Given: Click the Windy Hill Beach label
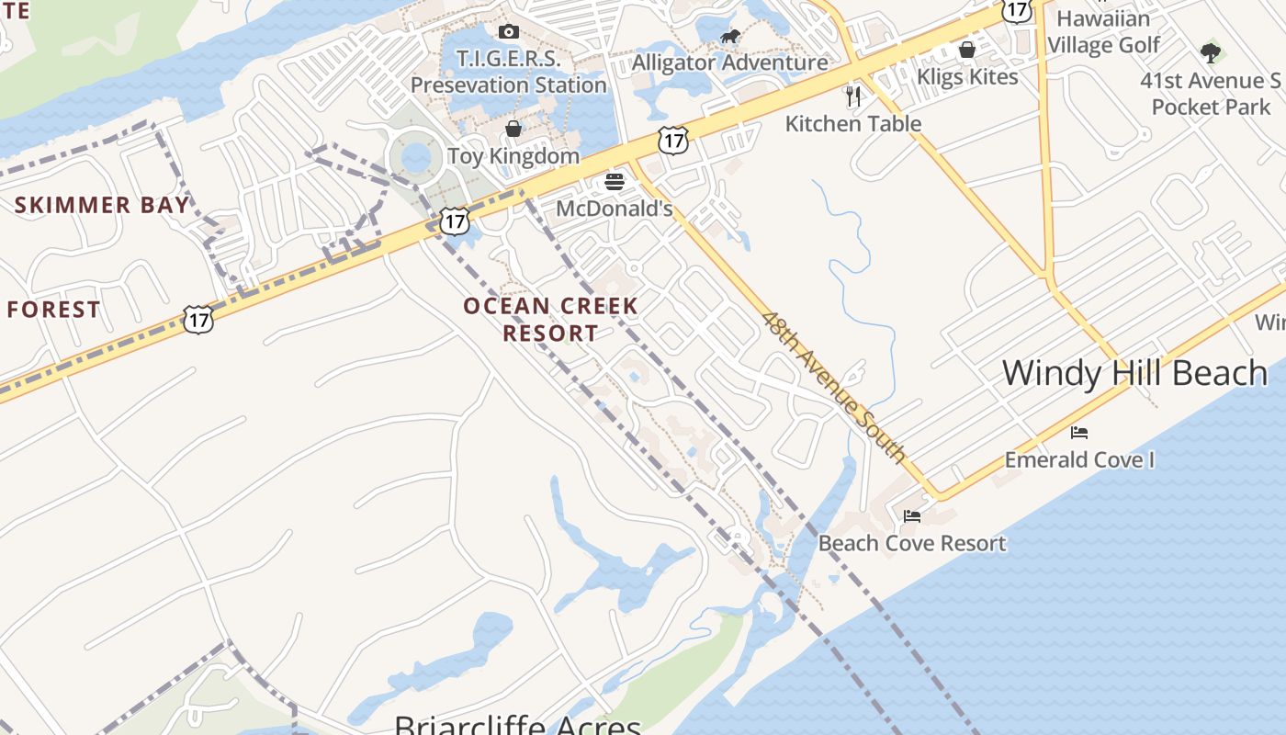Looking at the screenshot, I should (x=1134, y=373).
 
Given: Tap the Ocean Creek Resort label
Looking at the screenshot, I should (x=550, y=319).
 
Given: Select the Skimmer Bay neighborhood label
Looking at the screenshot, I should (x=102, y=205).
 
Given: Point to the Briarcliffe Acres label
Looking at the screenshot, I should (x=517, y=724).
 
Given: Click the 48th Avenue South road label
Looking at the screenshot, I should (x=834, y=387).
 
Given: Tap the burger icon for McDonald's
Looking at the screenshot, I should (x=615, y=182).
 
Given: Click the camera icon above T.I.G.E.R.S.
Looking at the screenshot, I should (x=508, y=32).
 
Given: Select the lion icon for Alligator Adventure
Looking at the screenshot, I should (x=730, y=37).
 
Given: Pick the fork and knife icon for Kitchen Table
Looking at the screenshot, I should (x=854, y=96).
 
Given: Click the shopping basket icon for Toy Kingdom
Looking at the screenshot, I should (x=513, y=129).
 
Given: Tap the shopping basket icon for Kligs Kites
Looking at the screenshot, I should (x=967, y=49).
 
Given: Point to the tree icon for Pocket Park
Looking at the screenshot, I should (x=1211, y=52).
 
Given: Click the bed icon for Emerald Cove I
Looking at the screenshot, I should (x=1079, y=432).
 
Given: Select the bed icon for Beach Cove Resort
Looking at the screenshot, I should (x=912, y=516).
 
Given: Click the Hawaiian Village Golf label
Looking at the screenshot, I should (x=1103, y=31).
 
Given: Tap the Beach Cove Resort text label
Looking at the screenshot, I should (x=912, y=543).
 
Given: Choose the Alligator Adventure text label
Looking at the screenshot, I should (x=730, y=62).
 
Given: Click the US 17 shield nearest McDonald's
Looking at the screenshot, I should (x=673, y=141).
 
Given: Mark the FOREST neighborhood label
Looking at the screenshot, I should (x=53, y=310).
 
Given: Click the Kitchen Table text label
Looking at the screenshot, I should (x=853, y=123).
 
